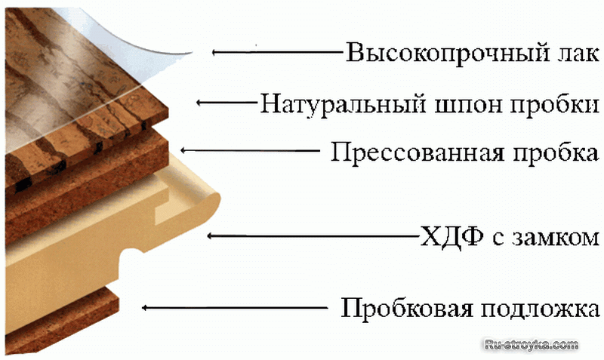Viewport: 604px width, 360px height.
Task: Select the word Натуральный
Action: pyautogui.click(x=343, y=104)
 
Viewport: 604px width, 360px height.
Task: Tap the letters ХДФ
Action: pyautogui.click(x=451, y=236)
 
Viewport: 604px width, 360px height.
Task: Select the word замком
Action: pyautogui.click(x=556, y=238)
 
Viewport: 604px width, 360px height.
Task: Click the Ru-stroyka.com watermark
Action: pyautogui.click(x=532, y=344)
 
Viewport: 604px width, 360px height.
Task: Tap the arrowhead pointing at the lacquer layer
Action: pyautogui.click(x=216, y=52)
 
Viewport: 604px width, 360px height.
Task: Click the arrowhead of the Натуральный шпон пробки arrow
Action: pyautogui.click(x=200, y=103)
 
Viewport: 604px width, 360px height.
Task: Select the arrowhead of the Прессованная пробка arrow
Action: pyautogui.click(x=184, y=150)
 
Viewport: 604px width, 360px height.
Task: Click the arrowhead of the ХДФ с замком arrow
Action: pyautogui.click(x=211, y=235)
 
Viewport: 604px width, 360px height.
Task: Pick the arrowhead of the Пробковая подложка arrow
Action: pyautogui.click(x=146, y=308)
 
